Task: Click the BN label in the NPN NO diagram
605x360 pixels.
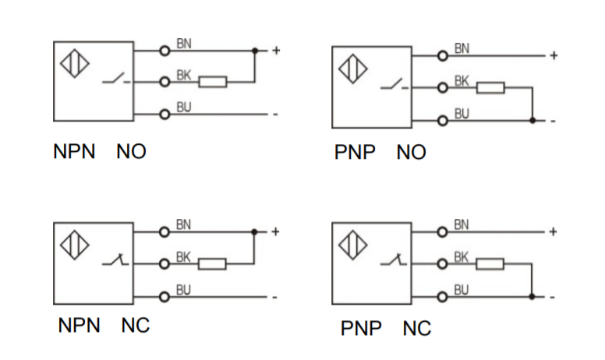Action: (x=184, y=44)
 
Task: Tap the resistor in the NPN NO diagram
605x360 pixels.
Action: (x=213, y=81)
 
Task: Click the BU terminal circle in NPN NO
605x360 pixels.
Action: (x=165, y=115)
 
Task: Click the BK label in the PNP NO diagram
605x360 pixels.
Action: (x=462, y=80)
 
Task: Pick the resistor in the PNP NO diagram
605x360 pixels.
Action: (x=491, y=87)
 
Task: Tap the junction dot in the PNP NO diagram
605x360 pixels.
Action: (x=532, y=120)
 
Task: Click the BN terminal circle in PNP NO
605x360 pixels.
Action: (x=443, y=55)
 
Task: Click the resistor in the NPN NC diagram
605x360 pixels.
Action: (x=213, y=263)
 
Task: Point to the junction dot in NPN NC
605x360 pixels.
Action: (x=254, y=232)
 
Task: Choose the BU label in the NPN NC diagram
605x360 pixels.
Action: (x=184, y=290)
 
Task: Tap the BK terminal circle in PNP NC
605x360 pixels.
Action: (x=443, y=263)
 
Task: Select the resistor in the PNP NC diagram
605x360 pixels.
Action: (x=491, y=263)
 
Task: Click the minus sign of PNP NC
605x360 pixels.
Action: (x=553, y=296)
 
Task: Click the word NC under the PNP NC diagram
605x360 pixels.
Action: (x=417, y=329)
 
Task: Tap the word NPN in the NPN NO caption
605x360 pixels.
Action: (x=74, y=151)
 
